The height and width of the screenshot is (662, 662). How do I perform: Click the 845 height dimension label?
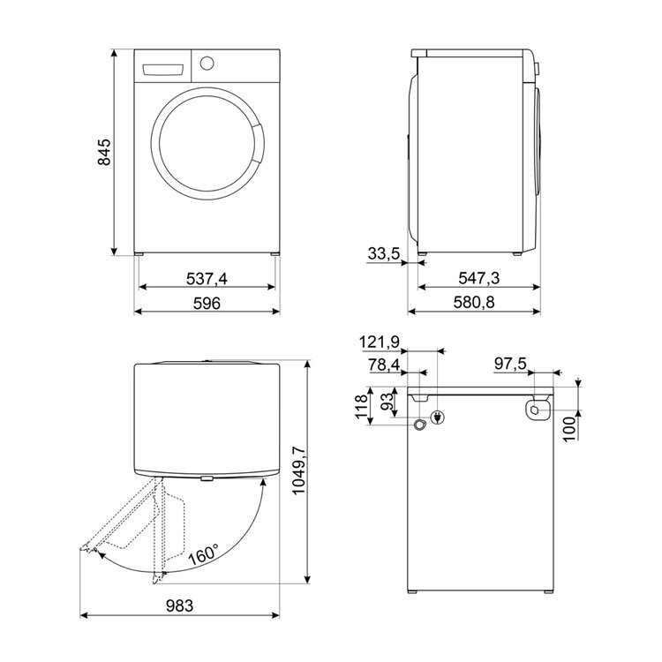click(104, 152)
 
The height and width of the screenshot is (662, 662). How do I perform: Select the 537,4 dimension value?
click(207, 279)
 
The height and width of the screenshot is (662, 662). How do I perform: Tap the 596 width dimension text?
click(207, 303)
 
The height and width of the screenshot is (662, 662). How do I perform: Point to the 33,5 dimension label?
click(383, 253)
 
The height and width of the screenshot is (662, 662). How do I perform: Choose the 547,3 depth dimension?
click(478, 278)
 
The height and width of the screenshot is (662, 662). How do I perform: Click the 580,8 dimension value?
click(474, 302)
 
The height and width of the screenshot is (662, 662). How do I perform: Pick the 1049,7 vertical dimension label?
click(298, 470)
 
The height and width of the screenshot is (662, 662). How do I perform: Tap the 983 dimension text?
click(179, 606)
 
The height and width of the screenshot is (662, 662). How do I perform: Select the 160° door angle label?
click(204, 553)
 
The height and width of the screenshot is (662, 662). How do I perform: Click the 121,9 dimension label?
click(380, 342)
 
